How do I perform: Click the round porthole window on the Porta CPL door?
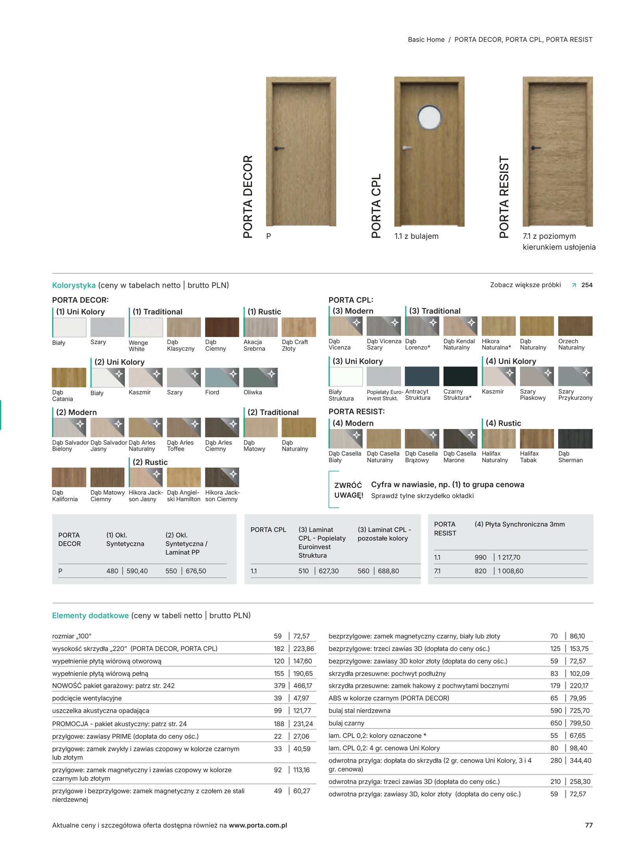point(429,117)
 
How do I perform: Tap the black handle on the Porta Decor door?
point(279,148)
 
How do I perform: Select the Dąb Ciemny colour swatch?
point(222,327)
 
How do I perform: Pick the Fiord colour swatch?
point(222,377)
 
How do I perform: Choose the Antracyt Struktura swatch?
point(421,376)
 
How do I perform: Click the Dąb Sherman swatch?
point(575,438)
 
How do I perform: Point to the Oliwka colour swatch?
point(260,377)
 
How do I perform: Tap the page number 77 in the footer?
point(588,825)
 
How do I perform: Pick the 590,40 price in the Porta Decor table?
point(137,571)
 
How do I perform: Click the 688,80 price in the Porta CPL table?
point(388,571)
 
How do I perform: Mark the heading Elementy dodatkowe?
point(90,615)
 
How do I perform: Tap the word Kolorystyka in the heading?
point(74,285)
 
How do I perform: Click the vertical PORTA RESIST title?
point(504,197)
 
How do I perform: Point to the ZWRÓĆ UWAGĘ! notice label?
point(348,490)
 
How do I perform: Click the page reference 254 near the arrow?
point(586,285)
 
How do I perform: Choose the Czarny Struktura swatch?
point(460,376)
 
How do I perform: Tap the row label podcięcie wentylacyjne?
point(87,698)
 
